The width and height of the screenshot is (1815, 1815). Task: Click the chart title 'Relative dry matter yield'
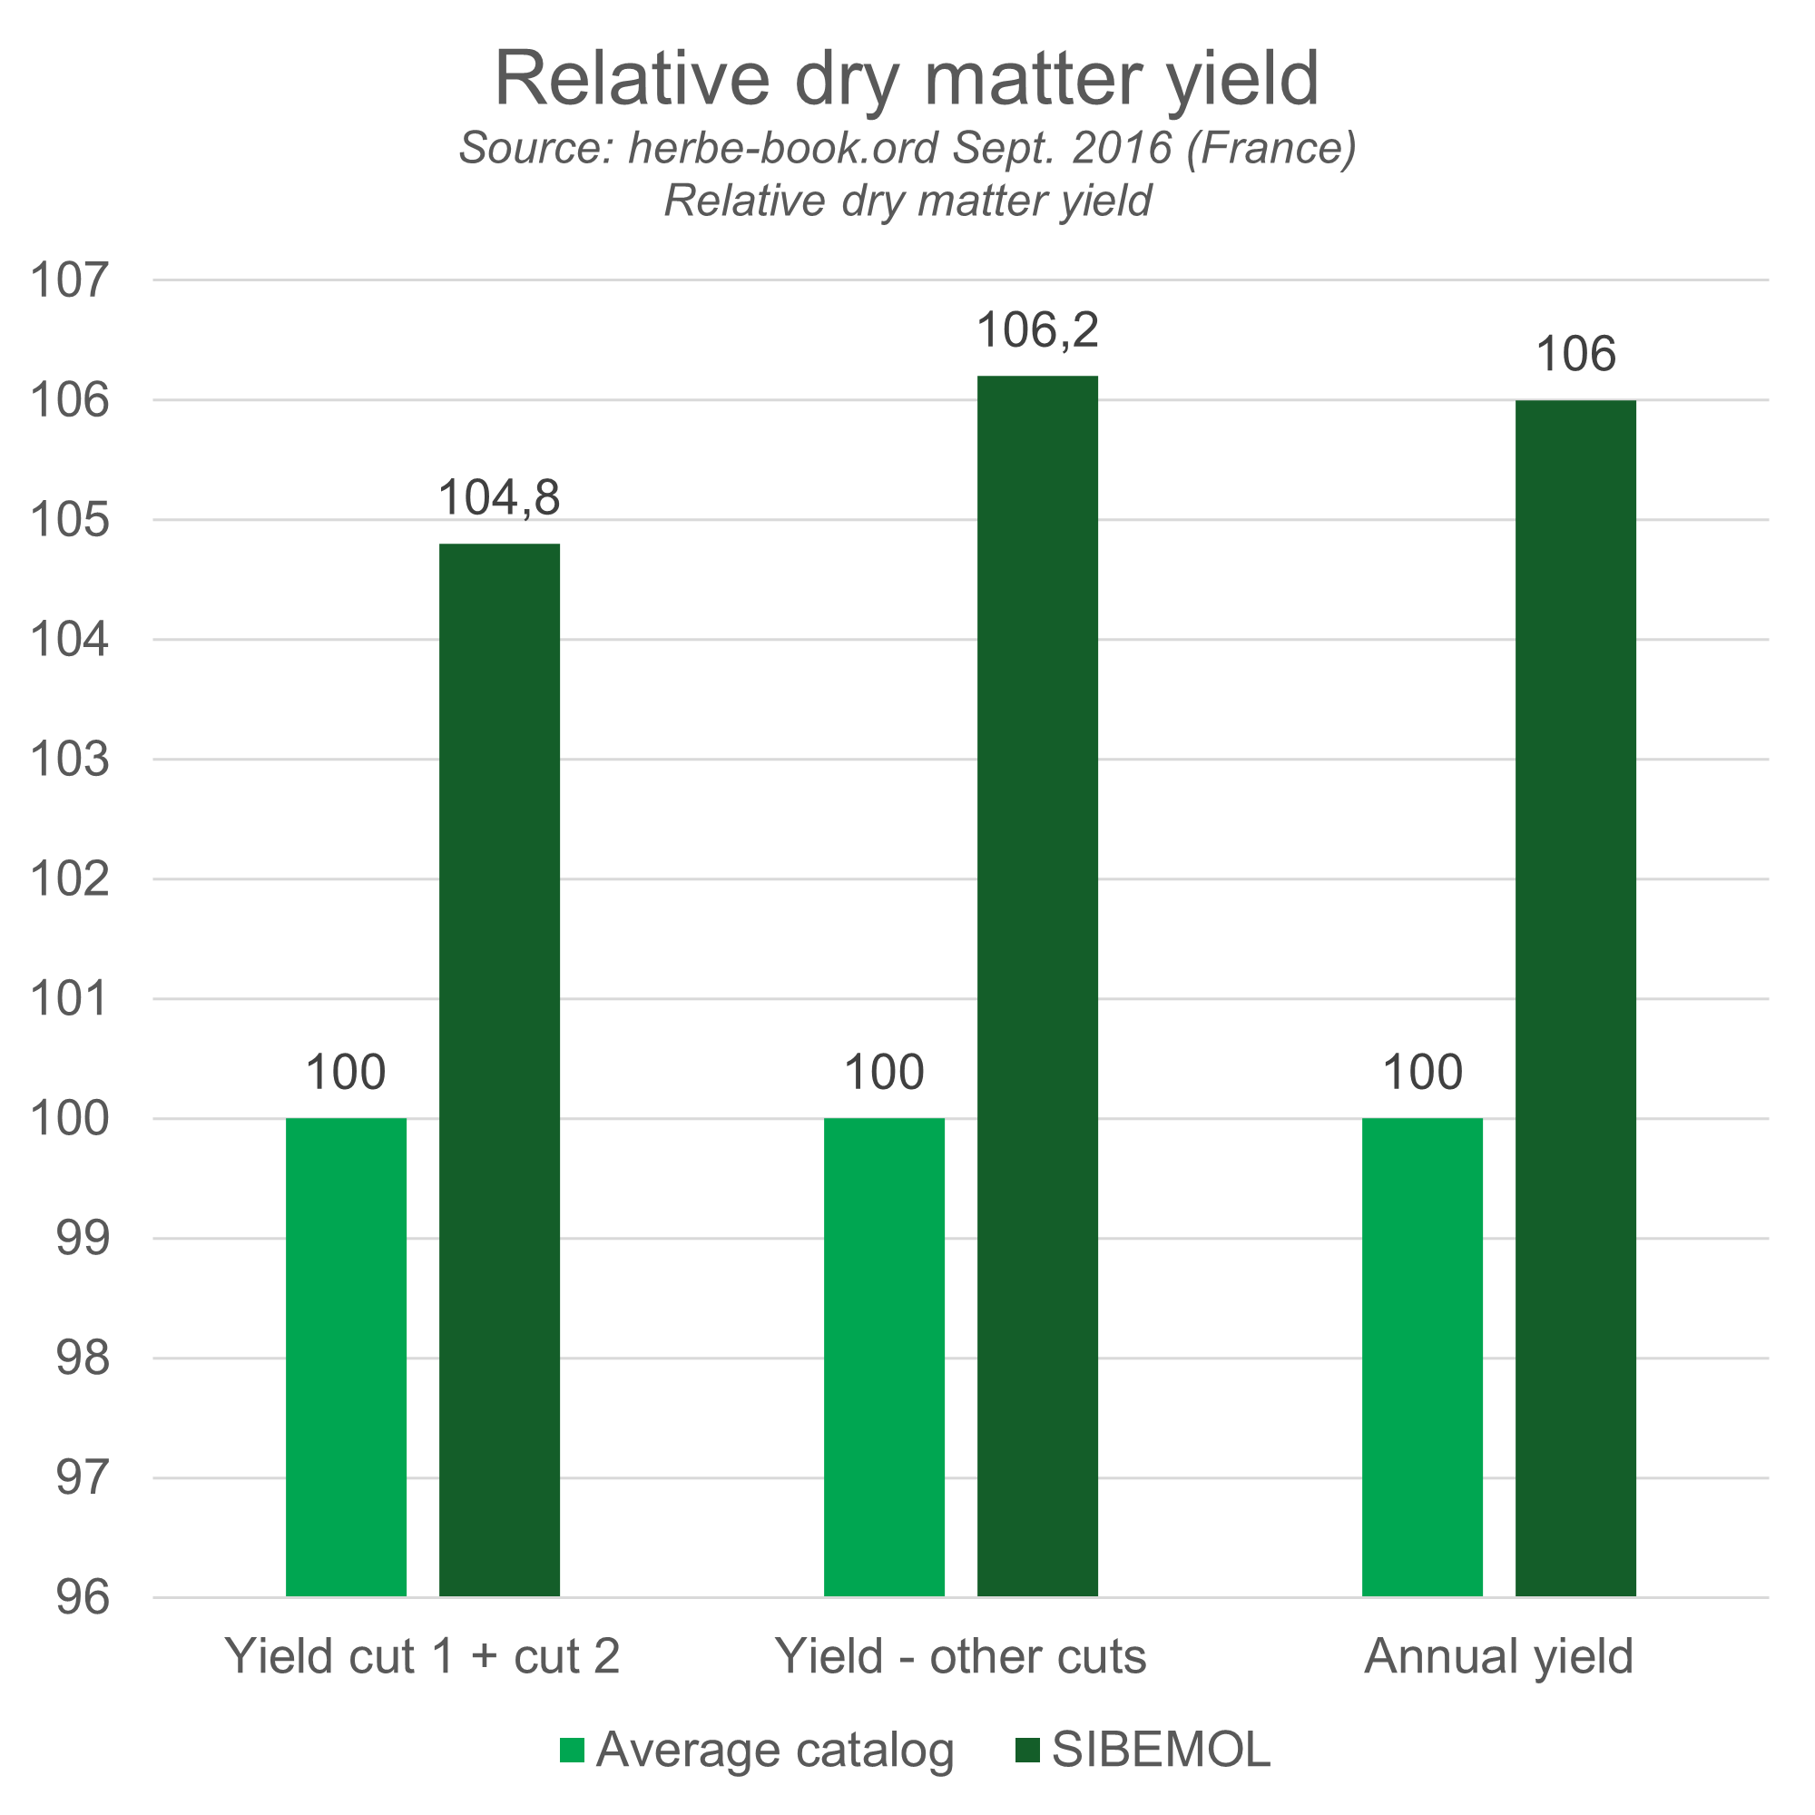[907, 79]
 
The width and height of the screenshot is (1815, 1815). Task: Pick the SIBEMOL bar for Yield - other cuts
[1038, 986]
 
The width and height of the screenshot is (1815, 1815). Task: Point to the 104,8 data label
[500, 499]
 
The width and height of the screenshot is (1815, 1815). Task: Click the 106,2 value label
[1038, 330]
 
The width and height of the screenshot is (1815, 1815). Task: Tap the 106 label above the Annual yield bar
[1576, 355]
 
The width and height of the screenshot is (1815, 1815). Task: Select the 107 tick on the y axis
[71, 280]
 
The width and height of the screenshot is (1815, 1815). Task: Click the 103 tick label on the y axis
[71, 759]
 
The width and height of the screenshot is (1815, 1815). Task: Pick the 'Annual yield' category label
[1498, 1683]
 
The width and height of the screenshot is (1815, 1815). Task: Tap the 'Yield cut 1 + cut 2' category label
[424, 1683]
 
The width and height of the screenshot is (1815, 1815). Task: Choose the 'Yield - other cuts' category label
[961, 1683]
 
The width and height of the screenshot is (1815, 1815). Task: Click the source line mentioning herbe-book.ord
[907, 149]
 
